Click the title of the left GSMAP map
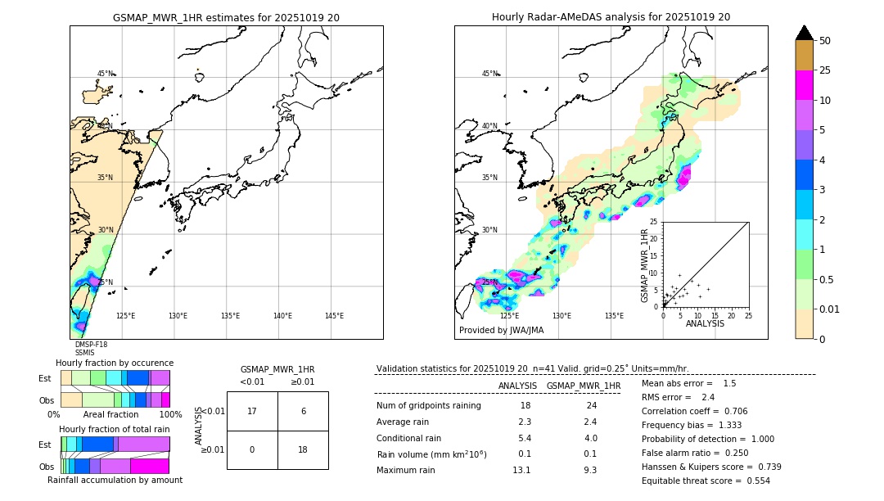coord(226,17)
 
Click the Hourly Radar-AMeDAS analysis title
coord(611,17)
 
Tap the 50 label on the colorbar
coord(825,41)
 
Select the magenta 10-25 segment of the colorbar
coord(805,85)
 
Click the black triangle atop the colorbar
coord(805,33)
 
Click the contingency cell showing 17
coord(252,411)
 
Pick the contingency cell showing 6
coord(303,411)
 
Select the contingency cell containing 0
coord(252,449)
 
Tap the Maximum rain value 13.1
coord(521,470)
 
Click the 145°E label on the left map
coord(334,316)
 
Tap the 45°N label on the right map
coord(489,74)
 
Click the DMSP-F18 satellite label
coord(91,345)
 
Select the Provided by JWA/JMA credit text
coord(501,330)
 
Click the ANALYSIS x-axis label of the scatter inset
coord(705,323)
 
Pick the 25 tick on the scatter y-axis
coord(654,222)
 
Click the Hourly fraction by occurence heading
coord(115,363)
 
